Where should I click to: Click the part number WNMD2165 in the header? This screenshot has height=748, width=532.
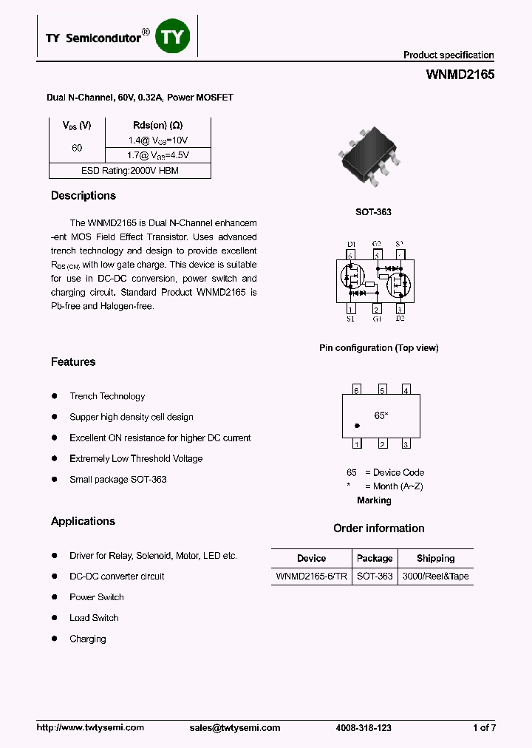click(460, 75)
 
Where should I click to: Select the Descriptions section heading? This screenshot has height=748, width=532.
click(83, 196)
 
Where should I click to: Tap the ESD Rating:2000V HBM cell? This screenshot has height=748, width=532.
click(130, 171)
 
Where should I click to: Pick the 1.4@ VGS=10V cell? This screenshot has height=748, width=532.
click(158, 140)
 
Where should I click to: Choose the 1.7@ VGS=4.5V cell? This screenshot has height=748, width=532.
click(158, 155)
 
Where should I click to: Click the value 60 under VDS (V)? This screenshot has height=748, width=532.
click(77, 148)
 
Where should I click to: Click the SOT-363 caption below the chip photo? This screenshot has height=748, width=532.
click(374, 212)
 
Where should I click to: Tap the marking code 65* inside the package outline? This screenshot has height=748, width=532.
click(381, 416)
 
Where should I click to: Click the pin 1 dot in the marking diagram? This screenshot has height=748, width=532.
click(358, 426)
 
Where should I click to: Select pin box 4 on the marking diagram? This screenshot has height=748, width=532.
click(406, 390)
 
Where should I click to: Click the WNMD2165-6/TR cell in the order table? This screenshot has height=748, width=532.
click(311, 577)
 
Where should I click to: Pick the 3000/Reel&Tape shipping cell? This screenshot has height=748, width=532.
click(435, 577)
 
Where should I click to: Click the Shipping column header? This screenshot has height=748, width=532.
click(435, 558)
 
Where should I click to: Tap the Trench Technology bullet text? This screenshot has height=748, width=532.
click(107, 396)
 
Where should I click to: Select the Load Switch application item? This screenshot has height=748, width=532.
click(94, 618)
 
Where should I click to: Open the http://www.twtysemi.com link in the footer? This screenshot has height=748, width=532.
click(90, 728)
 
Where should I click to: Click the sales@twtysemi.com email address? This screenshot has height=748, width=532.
click(235, 728)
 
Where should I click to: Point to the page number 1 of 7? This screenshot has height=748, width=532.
click(484, 728)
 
